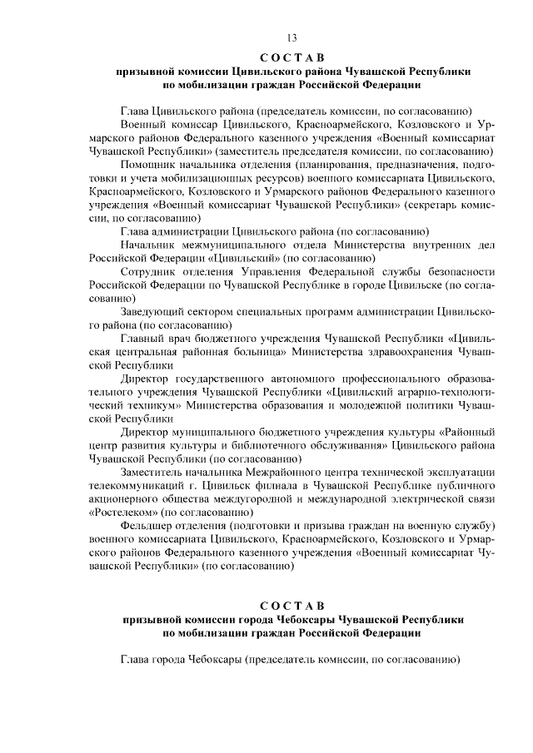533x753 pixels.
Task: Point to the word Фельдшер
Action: [147, 527]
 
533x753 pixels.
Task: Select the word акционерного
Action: [127, 499]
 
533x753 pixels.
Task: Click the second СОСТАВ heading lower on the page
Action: [291, 603]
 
